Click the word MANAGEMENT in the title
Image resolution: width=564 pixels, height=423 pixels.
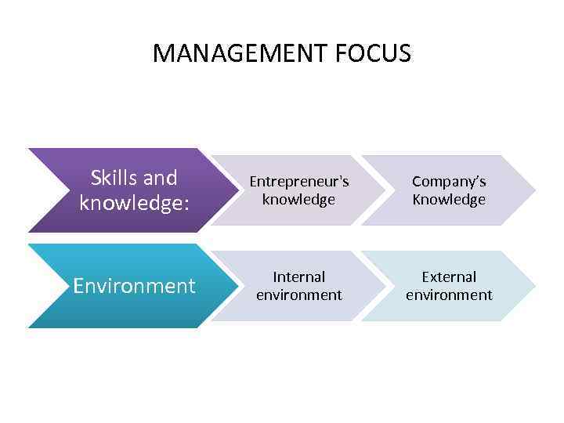point(240,53)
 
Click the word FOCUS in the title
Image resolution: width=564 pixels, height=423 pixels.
point(373,53)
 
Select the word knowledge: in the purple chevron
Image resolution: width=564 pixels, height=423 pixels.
point(134,203)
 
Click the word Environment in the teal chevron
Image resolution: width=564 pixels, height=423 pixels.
point(134,286)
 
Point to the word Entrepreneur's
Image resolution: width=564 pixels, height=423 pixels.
point(299,182)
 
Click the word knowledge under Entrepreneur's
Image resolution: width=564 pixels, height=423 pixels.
point(299,200)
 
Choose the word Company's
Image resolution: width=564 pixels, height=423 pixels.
point(449,182)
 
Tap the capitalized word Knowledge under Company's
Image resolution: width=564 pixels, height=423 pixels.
point(449,200)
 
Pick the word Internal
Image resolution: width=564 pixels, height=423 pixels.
point(299,277)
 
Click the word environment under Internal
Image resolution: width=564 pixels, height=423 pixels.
point(299,295)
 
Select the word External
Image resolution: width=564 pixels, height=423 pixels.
point(449,277)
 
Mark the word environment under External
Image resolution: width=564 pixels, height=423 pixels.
point(449,295)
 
